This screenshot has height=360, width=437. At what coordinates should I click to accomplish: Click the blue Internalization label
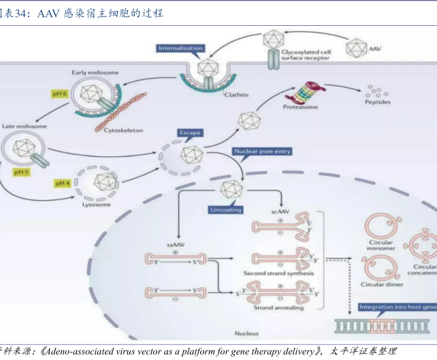(181, 48)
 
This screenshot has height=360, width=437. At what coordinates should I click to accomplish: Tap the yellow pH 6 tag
(59, 93)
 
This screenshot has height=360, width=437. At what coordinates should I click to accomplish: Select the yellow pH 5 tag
(21, 172)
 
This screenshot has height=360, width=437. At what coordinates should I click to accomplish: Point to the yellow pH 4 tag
(63, 183)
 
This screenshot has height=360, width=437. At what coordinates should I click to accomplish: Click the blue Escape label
(190, 132)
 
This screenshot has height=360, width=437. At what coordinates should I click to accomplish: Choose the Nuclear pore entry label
(262, 151)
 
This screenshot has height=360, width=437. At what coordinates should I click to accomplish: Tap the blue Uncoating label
(225, 210)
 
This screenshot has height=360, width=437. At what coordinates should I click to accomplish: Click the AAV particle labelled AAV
(356, 48)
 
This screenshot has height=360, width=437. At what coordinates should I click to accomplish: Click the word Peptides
(377, 103)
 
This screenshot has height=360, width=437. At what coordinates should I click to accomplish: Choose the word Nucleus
(246, 333)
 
